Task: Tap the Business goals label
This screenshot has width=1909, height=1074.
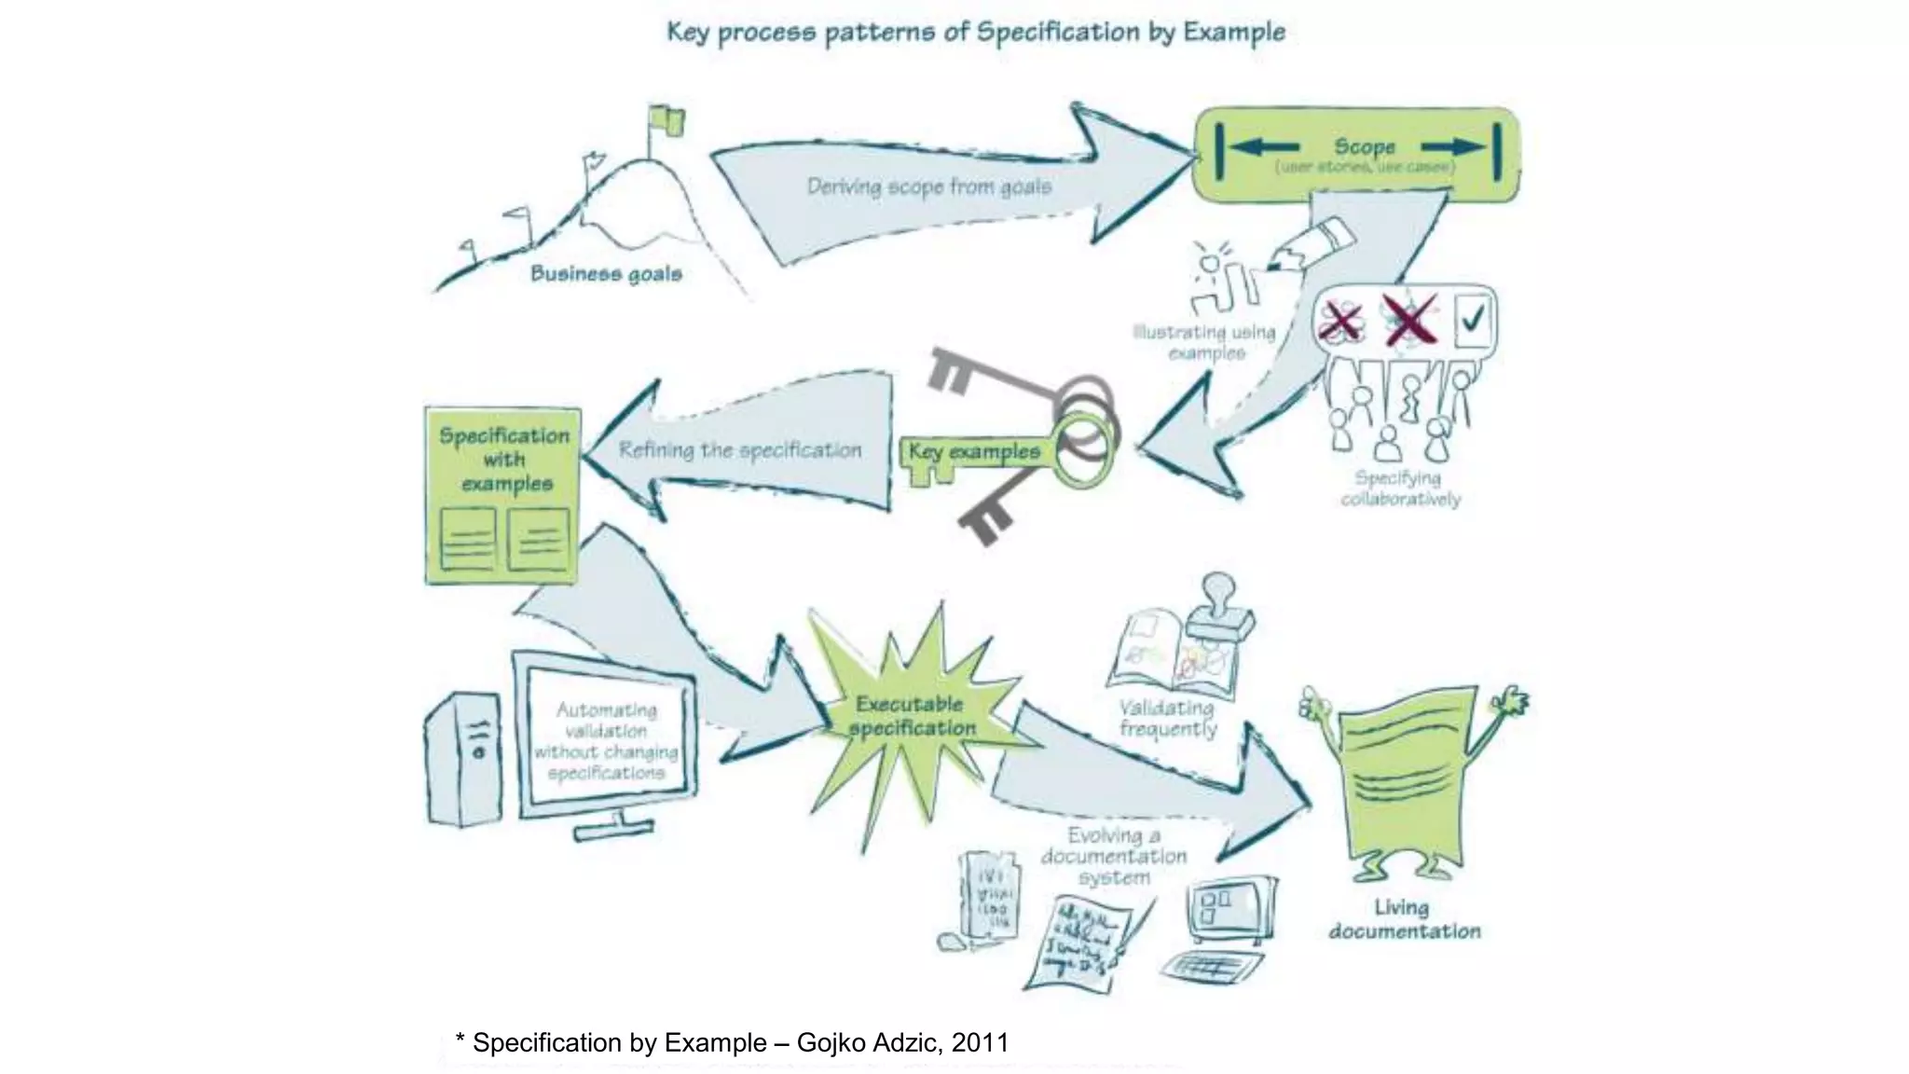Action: (606, 274)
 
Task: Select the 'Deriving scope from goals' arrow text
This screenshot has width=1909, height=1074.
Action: (928, 187)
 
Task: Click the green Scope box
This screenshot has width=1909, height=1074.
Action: (1357, 155)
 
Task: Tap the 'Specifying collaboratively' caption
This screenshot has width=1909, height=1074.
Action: (1400, 489)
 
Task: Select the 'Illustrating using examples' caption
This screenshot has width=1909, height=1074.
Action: (1204, 342)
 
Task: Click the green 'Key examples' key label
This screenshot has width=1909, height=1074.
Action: (974, 452)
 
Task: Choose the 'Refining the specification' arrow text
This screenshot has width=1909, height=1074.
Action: (740, 450)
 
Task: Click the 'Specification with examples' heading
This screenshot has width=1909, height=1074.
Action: (504, 460)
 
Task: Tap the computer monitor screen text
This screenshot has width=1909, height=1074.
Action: (607, 741)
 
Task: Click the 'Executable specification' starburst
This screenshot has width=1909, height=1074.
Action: (911, 716)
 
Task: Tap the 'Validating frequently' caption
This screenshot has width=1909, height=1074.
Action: (1168, 718)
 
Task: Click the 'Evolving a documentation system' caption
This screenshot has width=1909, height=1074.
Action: (1114, 856)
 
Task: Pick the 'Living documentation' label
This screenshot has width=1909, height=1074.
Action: (1404, 919)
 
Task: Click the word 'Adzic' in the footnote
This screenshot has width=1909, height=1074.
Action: (905, 1042)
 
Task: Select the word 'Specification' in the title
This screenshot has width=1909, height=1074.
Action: (1057, 33)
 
